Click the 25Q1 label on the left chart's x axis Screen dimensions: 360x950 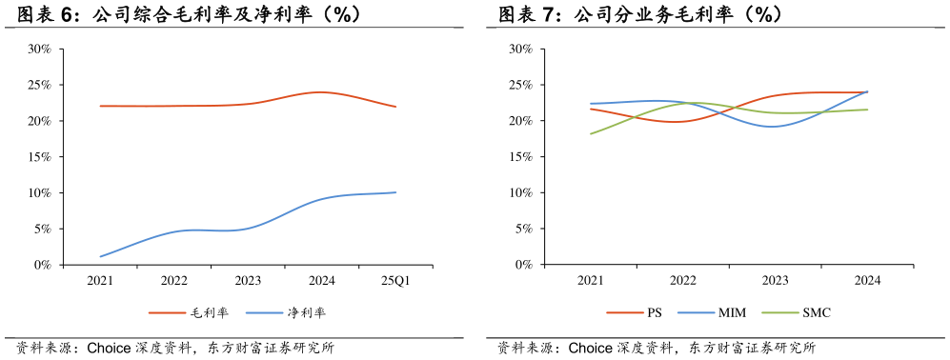pos(396,281)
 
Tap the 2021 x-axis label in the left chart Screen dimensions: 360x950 pos(100,281)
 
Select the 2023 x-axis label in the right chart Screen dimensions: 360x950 pos(775,281)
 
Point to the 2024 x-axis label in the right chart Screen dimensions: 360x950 pos(867,281)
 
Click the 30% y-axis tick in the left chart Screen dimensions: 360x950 pos(39,49)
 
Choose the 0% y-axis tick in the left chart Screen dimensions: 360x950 pos(42,265)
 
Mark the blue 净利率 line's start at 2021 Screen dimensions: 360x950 pos(100,256)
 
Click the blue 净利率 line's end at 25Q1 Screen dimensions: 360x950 pos(396,192)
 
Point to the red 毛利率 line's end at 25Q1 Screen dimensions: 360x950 pos(396,107)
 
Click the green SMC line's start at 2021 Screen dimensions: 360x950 pos(591,133)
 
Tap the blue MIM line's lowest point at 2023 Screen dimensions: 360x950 pos(774,127)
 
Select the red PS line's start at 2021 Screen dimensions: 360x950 pos(591,109)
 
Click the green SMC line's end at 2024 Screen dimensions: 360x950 pos(867,110)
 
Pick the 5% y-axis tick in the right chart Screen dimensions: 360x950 pos(522,229)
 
